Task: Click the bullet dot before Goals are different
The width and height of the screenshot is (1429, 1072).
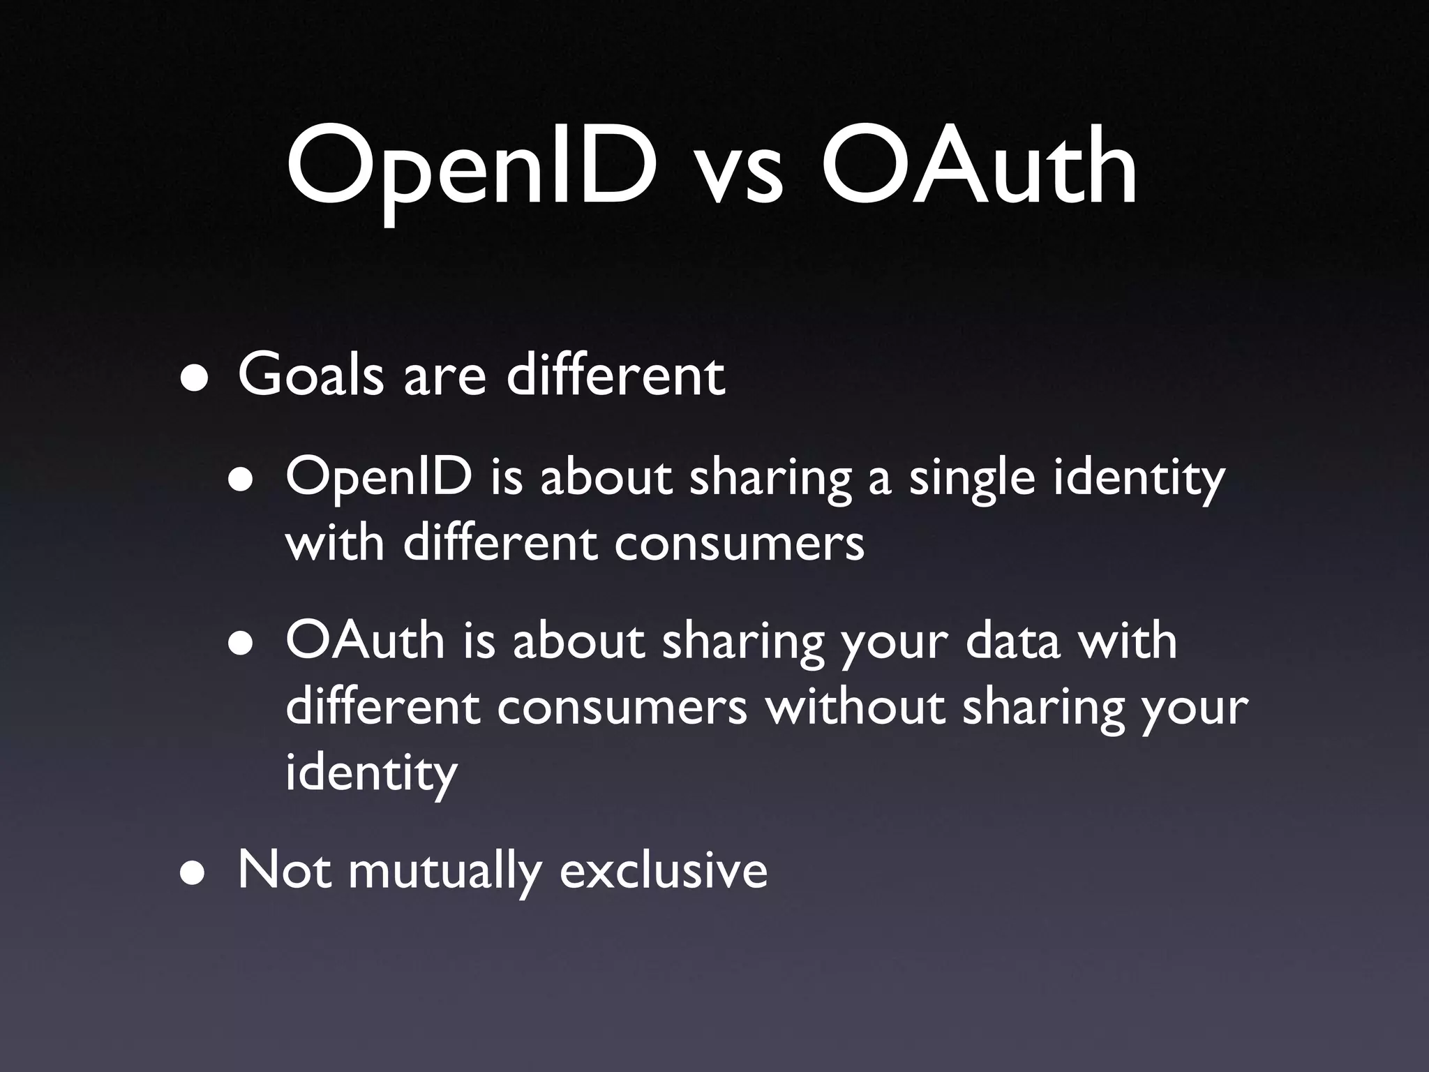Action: pyautogui.click(x=195, y=379)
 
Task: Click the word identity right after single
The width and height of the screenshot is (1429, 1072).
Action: pyautogui.click(x=1138, y=480)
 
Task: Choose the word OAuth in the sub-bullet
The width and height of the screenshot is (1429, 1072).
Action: pyautogui.click(x=365, y=641)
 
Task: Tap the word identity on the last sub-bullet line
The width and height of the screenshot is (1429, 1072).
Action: pyautogui.click(x=371, y=773)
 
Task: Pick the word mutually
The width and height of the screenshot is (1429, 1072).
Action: pyautogui.click(x=444, y=872)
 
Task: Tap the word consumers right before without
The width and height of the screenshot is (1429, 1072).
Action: pyautogui.click(x=622, y=708)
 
